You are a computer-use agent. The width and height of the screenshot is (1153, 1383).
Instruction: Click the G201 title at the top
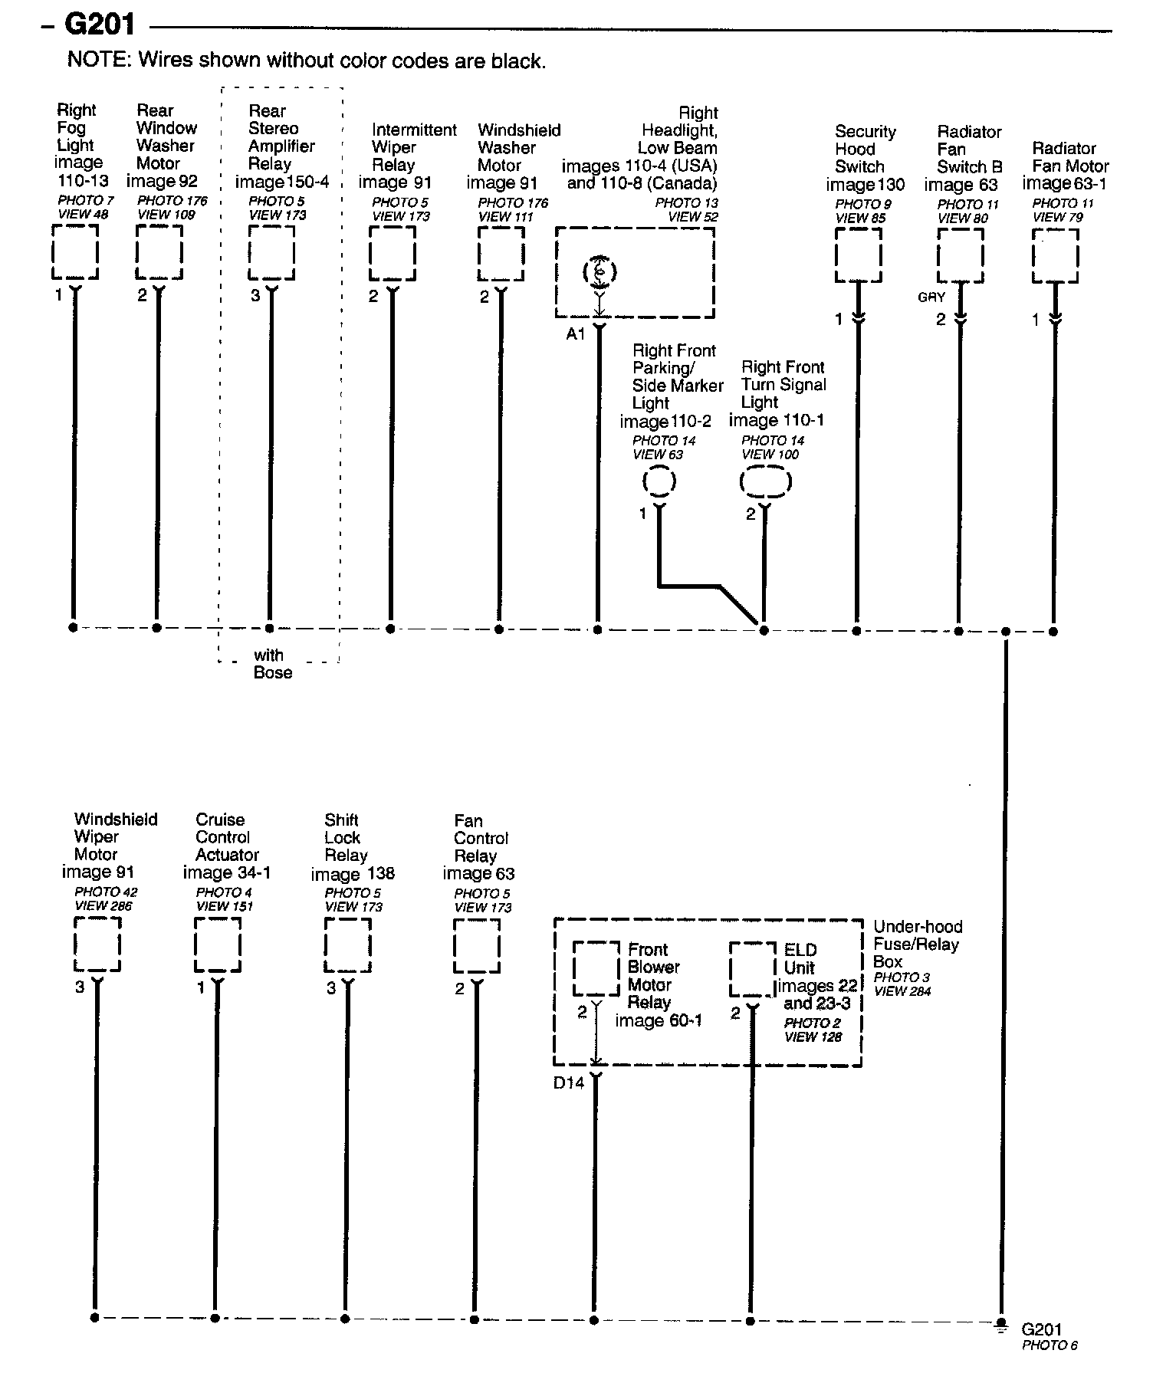coord(100,25)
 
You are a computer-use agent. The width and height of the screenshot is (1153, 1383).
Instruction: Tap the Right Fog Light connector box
coord(75,252)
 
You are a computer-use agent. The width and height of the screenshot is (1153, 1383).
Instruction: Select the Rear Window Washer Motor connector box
coord(159,252)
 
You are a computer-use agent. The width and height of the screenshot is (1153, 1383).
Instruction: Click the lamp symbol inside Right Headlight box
coord(599,271)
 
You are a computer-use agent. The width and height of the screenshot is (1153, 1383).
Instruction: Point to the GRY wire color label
coord(931,297)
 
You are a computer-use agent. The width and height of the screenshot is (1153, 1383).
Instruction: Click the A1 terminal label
coord(575,334)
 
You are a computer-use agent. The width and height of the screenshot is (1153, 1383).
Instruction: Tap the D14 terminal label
coord(569,1083)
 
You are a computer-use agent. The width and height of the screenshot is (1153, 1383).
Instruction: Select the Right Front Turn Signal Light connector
coord(765,482)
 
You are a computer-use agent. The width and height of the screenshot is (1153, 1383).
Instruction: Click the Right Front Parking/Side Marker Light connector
coord(659,481)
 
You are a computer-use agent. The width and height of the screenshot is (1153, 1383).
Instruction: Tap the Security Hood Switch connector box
coord(859,255)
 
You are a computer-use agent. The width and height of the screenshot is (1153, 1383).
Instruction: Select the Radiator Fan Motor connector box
coord(1056,256)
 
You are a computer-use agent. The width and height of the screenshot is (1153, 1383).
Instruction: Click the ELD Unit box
coord(752,969)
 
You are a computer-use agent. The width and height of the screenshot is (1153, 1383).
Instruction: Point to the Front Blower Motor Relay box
coord(596,968)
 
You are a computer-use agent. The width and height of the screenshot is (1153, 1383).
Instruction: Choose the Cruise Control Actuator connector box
coord(218,944)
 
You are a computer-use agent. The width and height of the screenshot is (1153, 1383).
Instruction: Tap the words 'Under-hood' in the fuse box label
coord(918,927)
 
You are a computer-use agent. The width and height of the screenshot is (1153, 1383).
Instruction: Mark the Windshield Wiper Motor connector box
coord(97,944)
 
